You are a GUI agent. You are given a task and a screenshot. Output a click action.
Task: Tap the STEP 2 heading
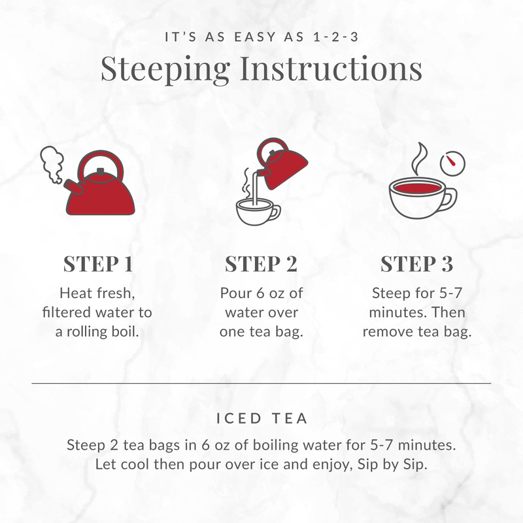261,264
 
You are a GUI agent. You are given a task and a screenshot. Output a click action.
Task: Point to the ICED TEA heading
261,416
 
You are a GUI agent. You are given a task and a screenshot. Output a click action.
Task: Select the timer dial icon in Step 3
450,163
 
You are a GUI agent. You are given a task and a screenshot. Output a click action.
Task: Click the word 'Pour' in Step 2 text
233,292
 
